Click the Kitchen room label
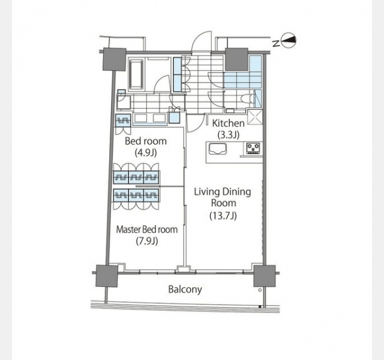[x=228, y=123]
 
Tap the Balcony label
[x=185, y=289]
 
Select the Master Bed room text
[x=146, y=229]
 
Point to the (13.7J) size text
[x=223, y=215]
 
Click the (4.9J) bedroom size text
[x=146, y=153]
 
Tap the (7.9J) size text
[x=146, y=241]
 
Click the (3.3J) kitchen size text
[x=228, y=134]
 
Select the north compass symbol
[x=289, y=41]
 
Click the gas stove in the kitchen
[x=253, y=148]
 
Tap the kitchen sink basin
[x=218, y=149]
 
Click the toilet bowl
[x=245, y=98]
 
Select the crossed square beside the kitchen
[x=254, y=117]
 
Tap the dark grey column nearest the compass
[x=236, y=59]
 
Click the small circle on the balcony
[x=260, y=290]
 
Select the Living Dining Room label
[x=223, y=197]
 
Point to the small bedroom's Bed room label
[x=146, y=141]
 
